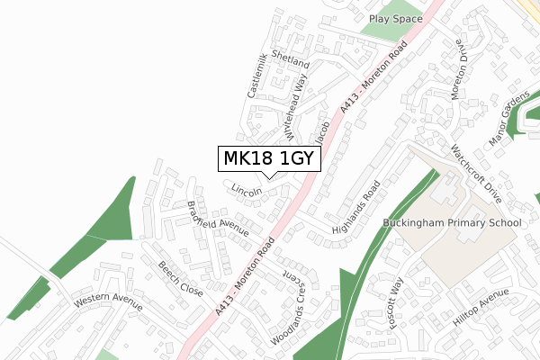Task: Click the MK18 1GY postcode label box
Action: pyautogui.click(x=267, y=159)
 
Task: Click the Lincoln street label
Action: pyautogui.click(x=247, y=191)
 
